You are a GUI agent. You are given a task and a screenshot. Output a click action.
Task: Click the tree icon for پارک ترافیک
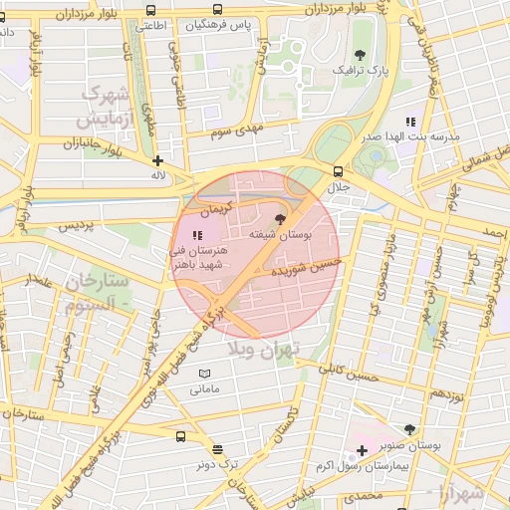360,55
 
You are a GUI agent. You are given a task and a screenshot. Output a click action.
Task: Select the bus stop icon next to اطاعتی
150,10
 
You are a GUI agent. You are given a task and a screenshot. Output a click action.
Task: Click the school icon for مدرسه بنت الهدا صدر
410,121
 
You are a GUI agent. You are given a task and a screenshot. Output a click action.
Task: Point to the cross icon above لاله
157,159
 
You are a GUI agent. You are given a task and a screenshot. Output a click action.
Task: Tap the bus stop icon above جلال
339,171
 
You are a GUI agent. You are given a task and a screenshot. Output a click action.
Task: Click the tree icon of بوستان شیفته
279,218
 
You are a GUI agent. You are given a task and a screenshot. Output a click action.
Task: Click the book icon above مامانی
205,373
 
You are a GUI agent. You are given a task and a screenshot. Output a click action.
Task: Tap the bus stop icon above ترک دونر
180,436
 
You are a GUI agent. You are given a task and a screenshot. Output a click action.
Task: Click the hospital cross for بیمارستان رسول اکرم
362,451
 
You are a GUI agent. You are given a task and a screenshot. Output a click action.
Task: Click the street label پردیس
75,226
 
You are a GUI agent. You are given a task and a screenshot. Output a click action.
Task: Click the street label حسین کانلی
349,373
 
